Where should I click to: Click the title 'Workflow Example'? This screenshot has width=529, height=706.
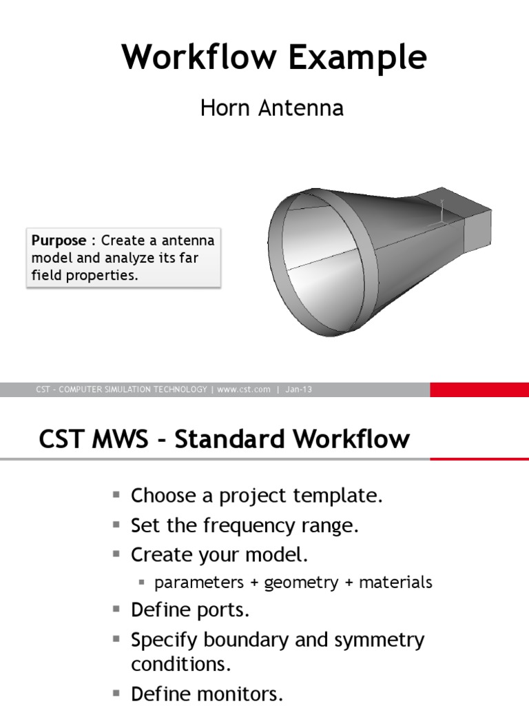(x=274, y=58)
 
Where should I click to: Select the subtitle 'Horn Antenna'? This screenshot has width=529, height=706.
(x=271, y=108)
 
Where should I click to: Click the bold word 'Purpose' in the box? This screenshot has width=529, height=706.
(x=59, y=241)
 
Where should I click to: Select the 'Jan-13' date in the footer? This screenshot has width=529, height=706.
(x=298, y=390)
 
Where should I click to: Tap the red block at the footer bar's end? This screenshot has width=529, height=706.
(x=479, y=390)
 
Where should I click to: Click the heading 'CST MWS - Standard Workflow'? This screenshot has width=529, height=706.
(x=224, y=439)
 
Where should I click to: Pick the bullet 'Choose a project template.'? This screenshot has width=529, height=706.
(x=256, y=496)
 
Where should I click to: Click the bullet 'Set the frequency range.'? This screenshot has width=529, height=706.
(x=245, y=526)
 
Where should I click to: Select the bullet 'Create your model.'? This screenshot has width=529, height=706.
(x=220, y=555)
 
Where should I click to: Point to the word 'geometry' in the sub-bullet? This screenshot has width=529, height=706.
(x=301, y=583)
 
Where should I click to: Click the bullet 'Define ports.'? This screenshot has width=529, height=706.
(x=190, y=610)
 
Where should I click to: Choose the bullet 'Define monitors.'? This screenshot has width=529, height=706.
(x=207, y=693)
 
